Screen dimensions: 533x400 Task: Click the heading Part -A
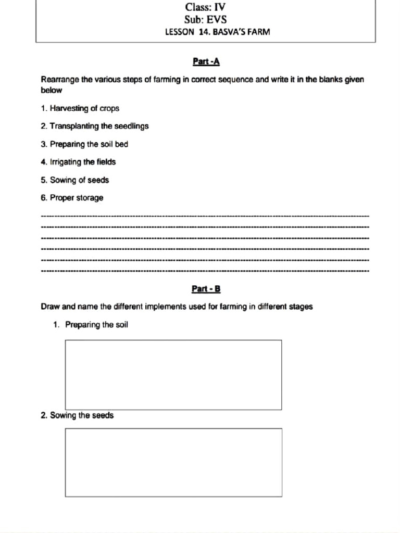(x=206, y=62)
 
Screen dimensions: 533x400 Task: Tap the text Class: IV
(x=205, y=7)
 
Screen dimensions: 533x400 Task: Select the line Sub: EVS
(x=205, y=20)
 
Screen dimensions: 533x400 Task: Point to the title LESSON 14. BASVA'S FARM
(x=217, y=32)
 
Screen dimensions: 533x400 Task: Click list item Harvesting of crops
(x=80, y=108)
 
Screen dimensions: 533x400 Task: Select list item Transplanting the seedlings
(x=95, y=126)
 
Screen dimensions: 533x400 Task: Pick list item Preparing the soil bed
(x=84, y=144)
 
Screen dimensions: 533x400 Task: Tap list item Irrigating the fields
(x=79, y=162)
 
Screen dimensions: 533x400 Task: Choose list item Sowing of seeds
(x=75, y=180)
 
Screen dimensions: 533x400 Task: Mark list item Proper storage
(x=72, y=198)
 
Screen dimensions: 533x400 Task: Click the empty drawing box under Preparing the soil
(x=173, y=375)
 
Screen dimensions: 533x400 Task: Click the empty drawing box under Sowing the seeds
(x=173, y=462)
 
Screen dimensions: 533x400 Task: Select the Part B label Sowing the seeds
(x=77, y=415)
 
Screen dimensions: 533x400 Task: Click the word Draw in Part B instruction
(x=50, y=307)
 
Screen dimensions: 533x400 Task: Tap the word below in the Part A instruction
(x=51, y=90)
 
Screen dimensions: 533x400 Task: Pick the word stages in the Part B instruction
(x=300, y=307)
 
